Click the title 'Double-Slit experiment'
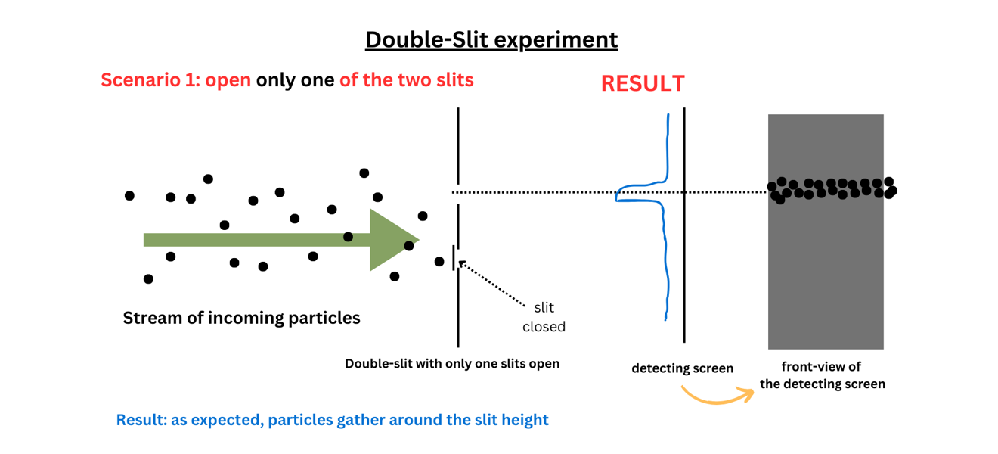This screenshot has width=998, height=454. (x=491, y=39)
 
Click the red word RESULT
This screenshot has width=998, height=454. (x=643, y=83)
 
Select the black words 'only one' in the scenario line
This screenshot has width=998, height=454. (x=295, y=79)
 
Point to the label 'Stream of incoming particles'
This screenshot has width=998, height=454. (x=241, y=318)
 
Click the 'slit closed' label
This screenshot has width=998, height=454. (x=544, y=317)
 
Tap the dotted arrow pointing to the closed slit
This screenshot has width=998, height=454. (x=491, y=284)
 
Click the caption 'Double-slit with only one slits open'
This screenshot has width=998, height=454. (x=452, y=364)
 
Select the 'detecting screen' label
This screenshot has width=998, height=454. (x=682, y=368)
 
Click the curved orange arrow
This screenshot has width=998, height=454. (x=717, y=394)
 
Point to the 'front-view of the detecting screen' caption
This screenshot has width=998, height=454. (x=822, y=375)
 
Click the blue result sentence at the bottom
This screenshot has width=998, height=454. (x=332, y=420)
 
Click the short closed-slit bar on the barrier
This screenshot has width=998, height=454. (x=454, y=257)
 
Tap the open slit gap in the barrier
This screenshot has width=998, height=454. (x=458, y=193)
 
